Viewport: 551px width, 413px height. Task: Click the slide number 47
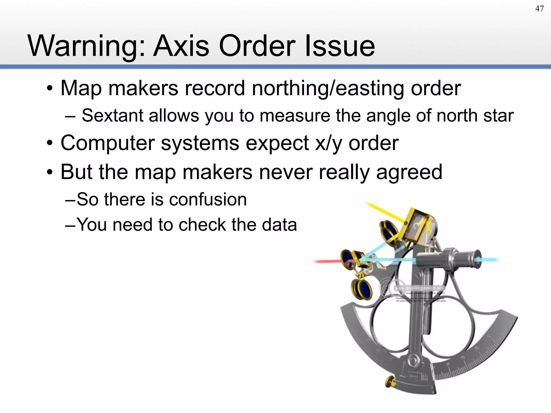(x=539, y=9)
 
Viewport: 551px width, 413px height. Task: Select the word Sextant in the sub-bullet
(x=112, y=116)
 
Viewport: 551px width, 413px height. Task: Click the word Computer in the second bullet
(x=108, y=143)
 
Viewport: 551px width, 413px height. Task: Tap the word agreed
(x=409, y=172)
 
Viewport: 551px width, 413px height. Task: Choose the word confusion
(x=208, y=200)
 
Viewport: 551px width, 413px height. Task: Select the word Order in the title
(x=257, y=46)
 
